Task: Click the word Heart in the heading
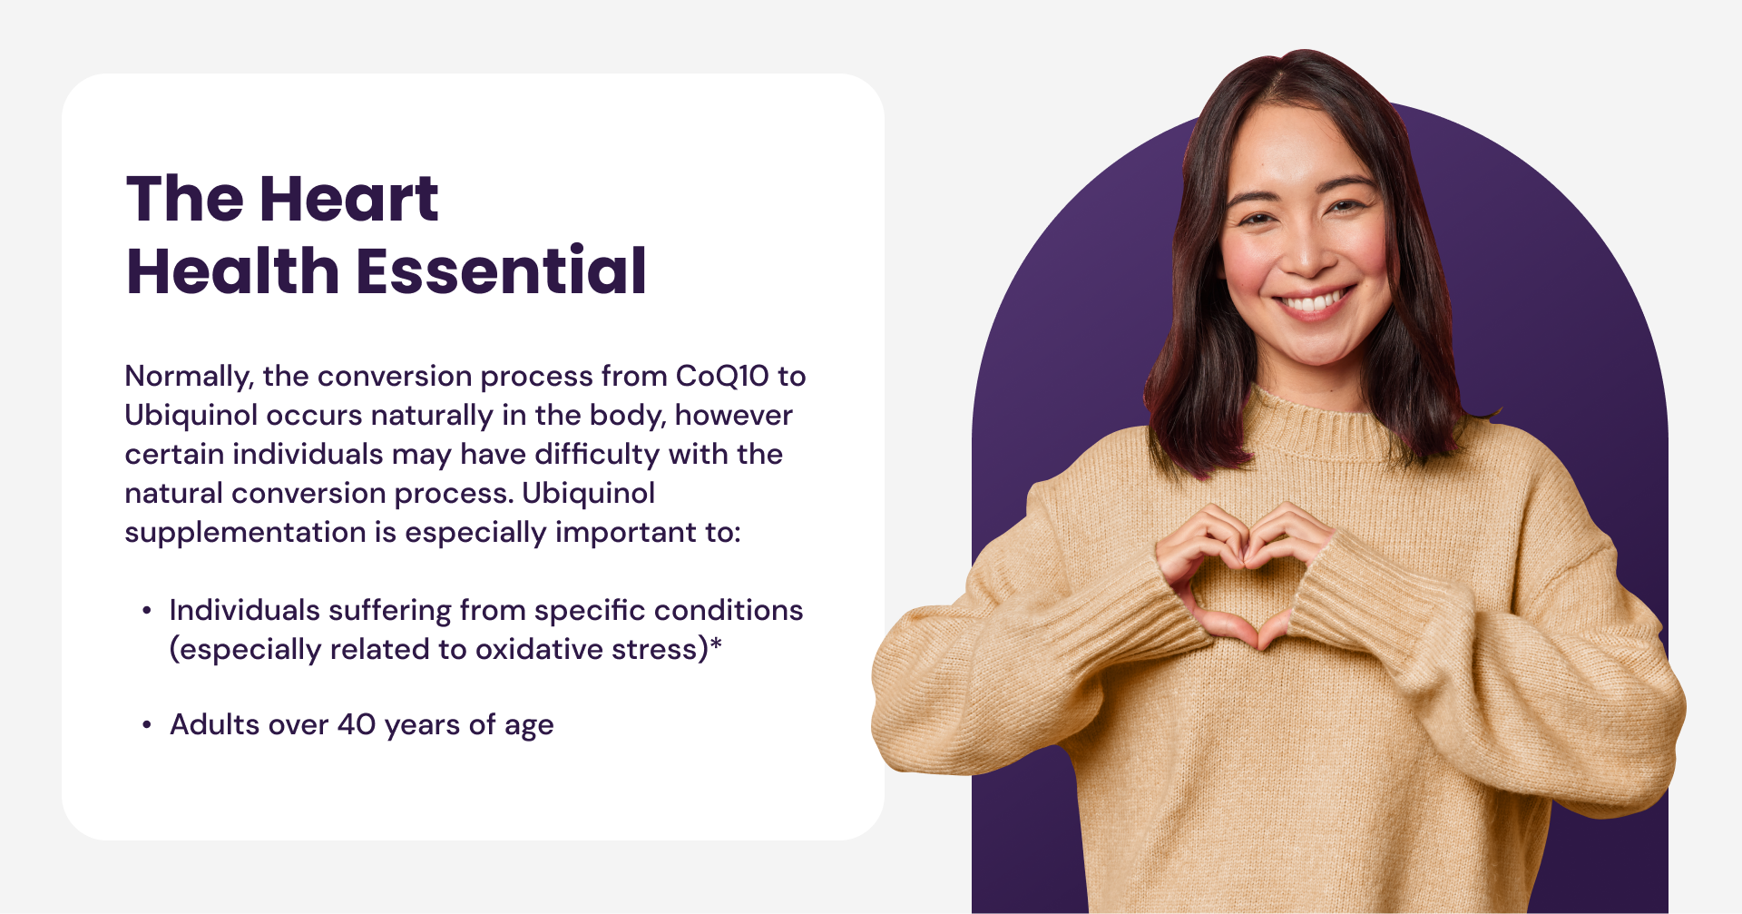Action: (x=349, y=199)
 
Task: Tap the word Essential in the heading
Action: (x=501, y=270)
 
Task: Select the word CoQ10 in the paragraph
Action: (x=722, y=376)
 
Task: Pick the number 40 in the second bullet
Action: (x=357, y=725)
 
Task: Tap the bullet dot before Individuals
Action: (x=146, y=612)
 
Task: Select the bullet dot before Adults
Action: (x=146, y=726)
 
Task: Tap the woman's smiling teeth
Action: (x=1315, y=301)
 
